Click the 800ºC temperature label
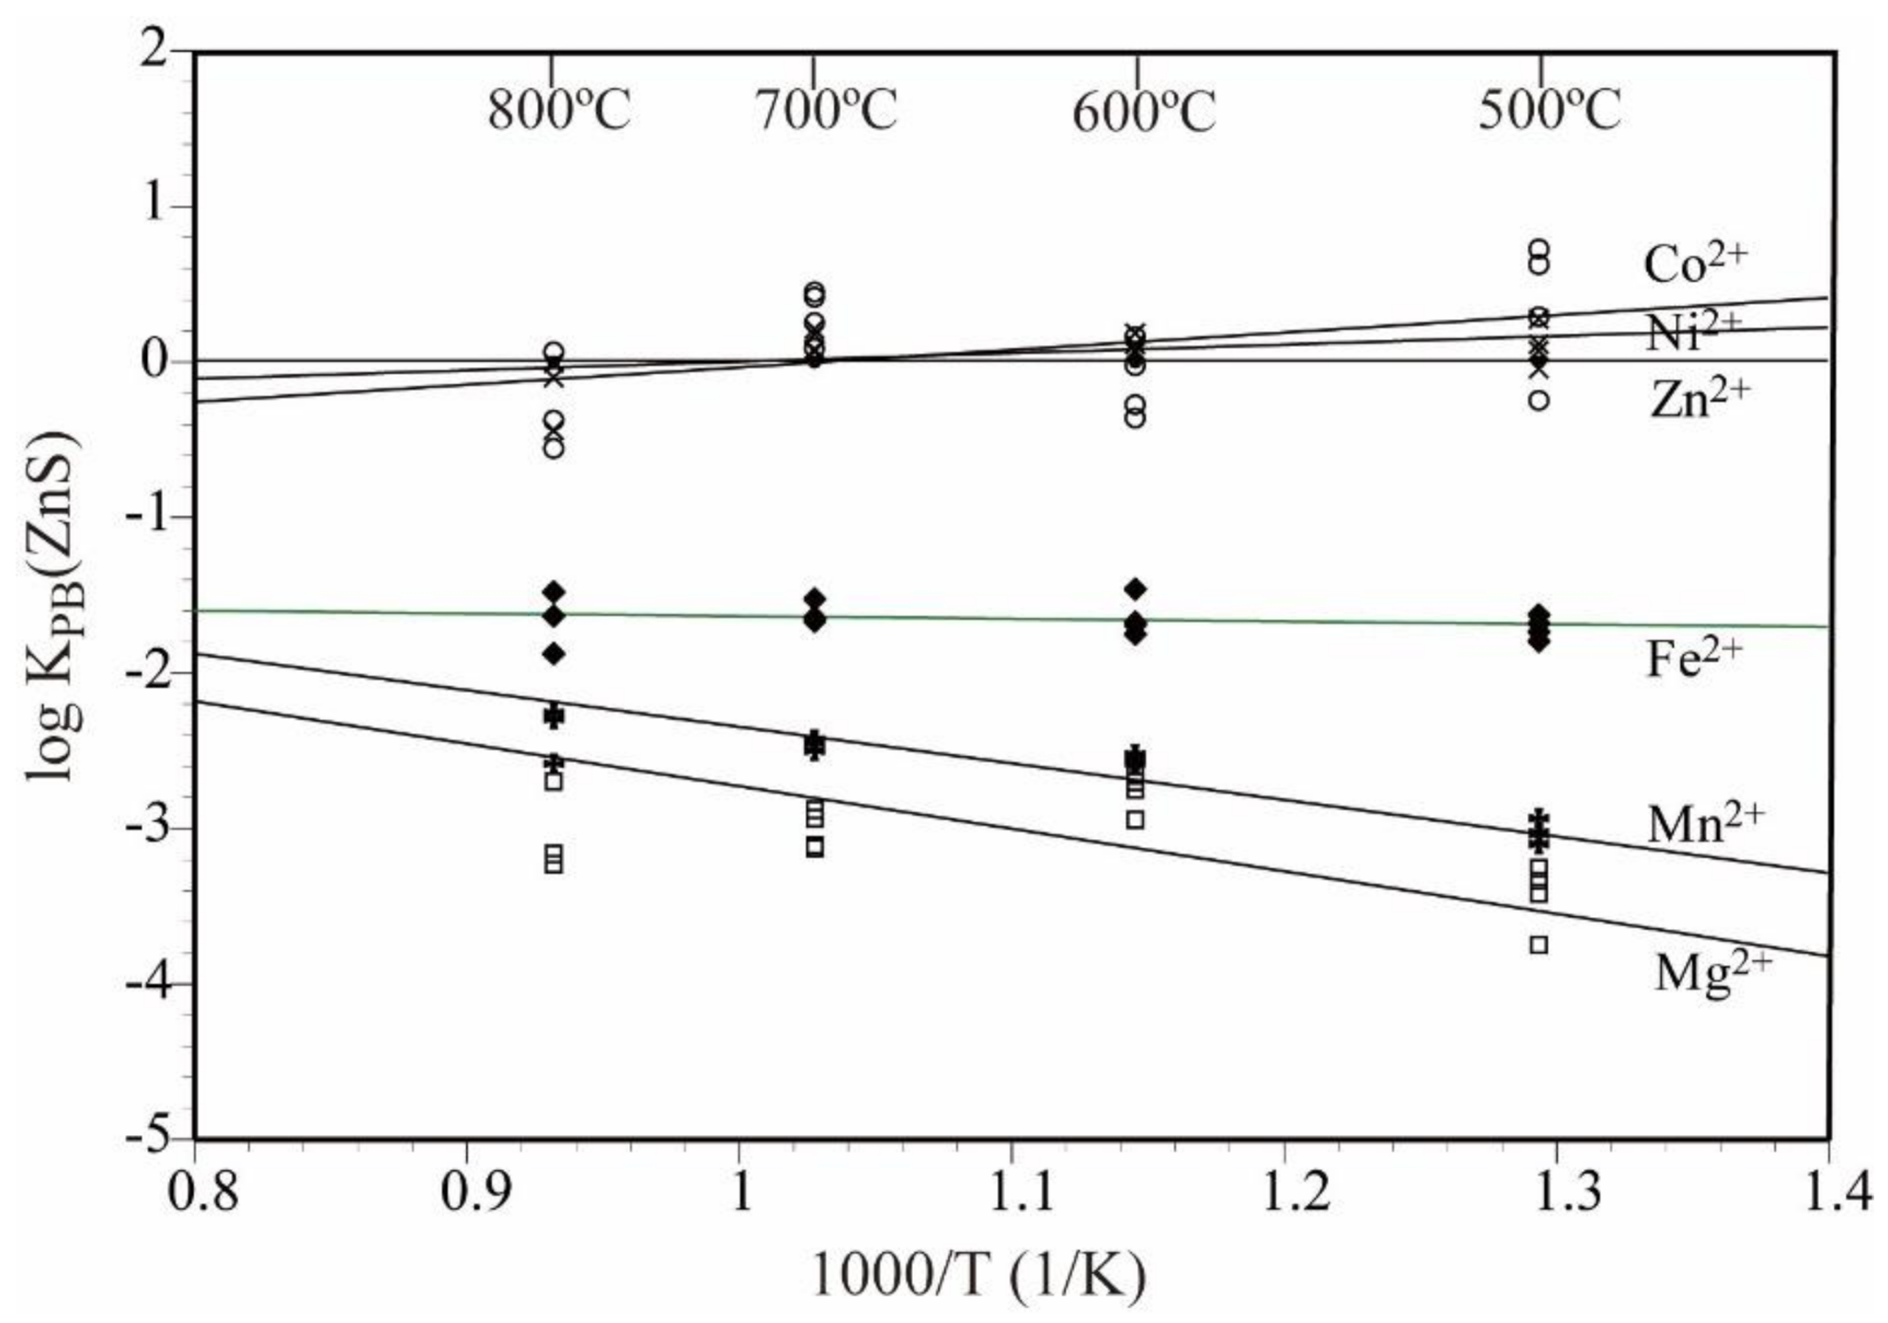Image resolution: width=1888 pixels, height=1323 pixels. click(558, 112)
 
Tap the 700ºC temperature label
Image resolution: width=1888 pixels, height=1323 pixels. click(826, 110)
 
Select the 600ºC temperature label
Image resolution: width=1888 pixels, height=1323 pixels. click(1144, 112)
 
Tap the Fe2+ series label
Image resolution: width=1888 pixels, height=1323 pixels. click(1694, 658)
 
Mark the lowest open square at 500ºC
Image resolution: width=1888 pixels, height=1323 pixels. click(1539, 945)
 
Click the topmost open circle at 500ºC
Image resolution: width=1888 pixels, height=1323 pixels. click(1539, 248)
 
